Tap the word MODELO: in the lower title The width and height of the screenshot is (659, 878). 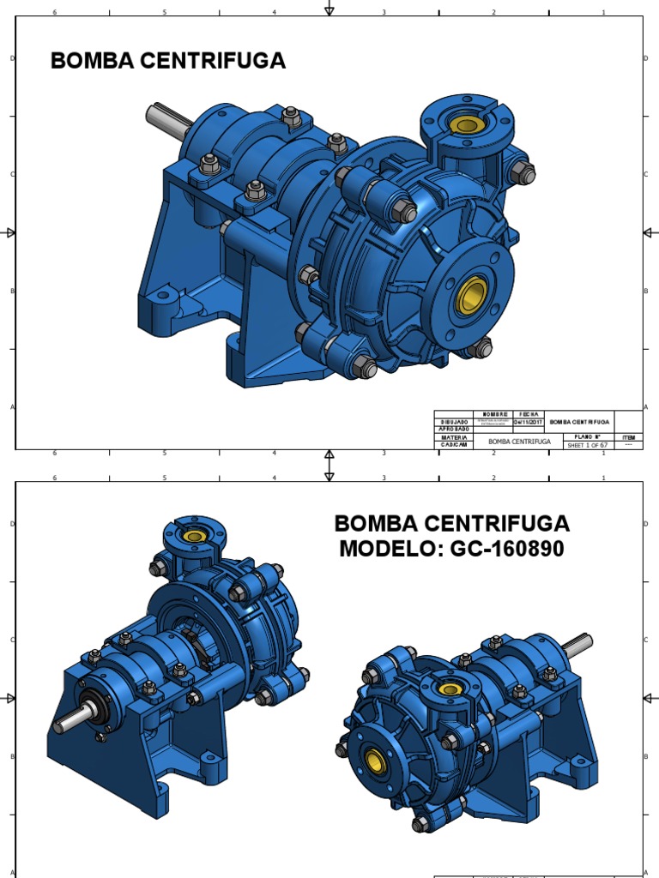click(x=388, y=550)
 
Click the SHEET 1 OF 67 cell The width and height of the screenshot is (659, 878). click(x=587, y=445)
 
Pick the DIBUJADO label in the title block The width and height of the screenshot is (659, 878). click(x=454, y=422)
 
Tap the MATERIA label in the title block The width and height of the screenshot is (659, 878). click(x=454, y=436)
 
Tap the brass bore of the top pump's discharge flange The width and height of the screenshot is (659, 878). click(x=467, y=125)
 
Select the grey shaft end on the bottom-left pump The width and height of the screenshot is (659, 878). click(x=70, y=720)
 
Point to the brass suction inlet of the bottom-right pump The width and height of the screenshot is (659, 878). click(x=374, y=760)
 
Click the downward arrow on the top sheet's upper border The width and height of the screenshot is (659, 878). click(x=329, y=8)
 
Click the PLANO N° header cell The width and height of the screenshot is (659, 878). click(x=587, y=436)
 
